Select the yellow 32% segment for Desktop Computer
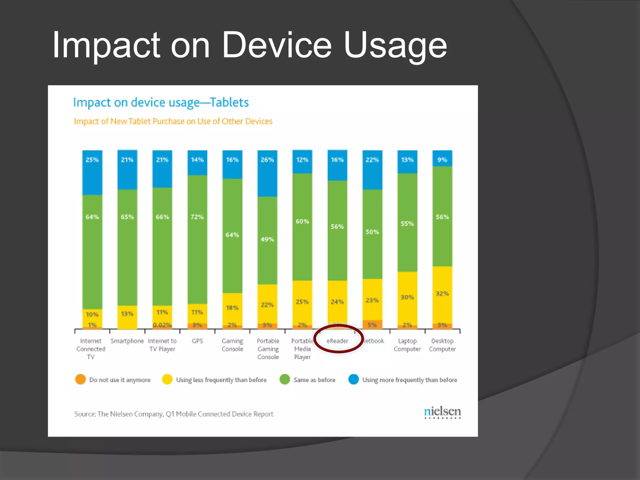(442, 294)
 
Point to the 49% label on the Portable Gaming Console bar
(267, 239)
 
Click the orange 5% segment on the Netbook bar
(372, 325)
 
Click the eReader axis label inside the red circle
(337, 341)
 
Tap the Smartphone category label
(127, 341)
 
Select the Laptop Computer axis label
(407, 345)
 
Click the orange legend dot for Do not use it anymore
(80, 379)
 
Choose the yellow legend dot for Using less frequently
(167, 379)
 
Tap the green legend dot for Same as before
(285, 379)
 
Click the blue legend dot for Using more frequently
(353, 379)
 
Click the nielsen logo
(442, 412)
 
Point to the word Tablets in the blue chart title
(229, 102)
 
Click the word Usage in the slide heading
(395, 46)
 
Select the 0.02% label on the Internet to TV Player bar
(162, 325)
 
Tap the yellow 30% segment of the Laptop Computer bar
(407, 297)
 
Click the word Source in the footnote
(85, 414)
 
